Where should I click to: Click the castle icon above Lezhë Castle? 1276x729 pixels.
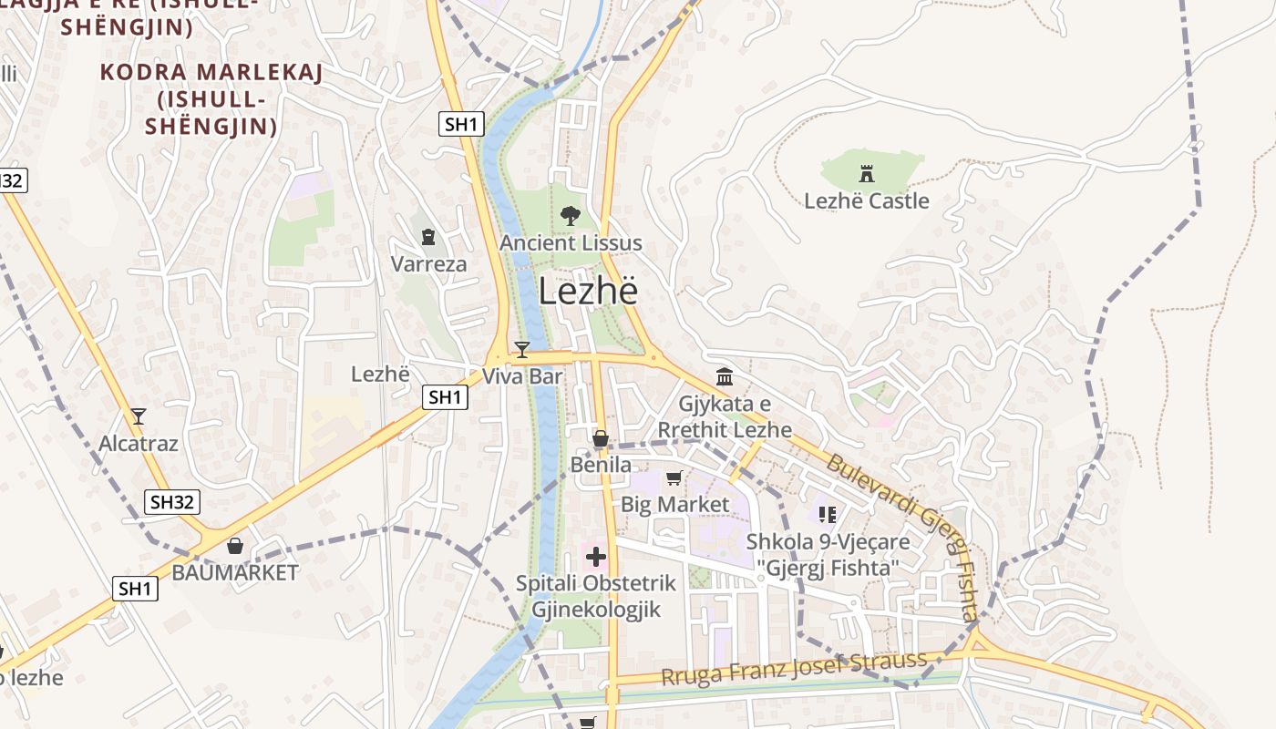click(866, 173)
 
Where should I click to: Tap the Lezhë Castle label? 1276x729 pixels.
click(866, 200)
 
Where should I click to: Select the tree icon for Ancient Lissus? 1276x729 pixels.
click(571, 216)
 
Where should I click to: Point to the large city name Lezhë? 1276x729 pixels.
click(588, 291)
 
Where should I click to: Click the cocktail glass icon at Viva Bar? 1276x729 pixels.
click(521, 349)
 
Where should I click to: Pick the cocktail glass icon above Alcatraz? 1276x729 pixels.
click(139, 416)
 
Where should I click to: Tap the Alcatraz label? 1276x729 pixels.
click(139, 444)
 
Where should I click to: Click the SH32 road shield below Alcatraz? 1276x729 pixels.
click(172, 501)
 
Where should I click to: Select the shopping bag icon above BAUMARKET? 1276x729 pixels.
click(235, 546)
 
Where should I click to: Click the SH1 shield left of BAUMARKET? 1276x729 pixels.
click(136, 589)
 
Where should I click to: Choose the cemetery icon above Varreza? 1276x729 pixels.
click(428, 238)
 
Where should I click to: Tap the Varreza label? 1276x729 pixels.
click(428, 264)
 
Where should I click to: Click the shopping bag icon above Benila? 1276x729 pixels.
click(600, 439)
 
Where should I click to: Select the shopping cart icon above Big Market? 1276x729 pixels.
click(674, 477)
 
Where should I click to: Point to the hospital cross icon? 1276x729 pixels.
click(596, 557)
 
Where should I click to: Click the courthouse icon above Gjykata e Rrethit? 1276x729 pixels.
click(725, 376)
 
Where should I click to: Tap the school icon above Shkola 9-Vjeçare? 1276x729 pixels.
click(828, 515)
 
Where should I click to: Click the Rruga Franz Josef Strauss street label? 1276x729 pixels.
click(793, 670)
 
